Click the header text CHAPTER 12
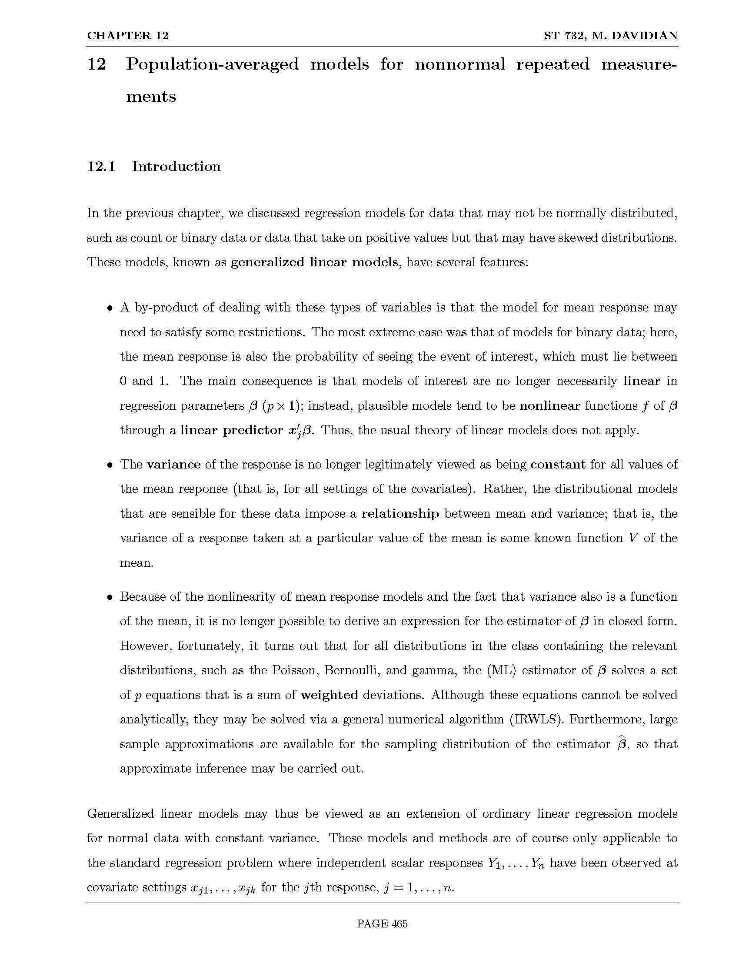127,36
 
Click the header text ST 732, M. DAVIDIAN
611,36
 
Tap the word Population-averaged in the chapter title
212,64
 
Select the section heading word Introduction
176,167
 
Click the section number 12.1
101,167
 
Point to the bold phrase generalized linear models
314,262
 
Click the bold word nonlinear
549,406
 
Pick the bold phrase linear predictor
232,430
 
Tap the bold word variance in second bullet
173,465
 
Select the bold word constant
557,465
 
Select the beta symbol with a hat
621,744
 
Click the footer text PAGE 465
382,924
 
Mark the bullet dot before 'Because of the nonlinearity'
110,598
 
